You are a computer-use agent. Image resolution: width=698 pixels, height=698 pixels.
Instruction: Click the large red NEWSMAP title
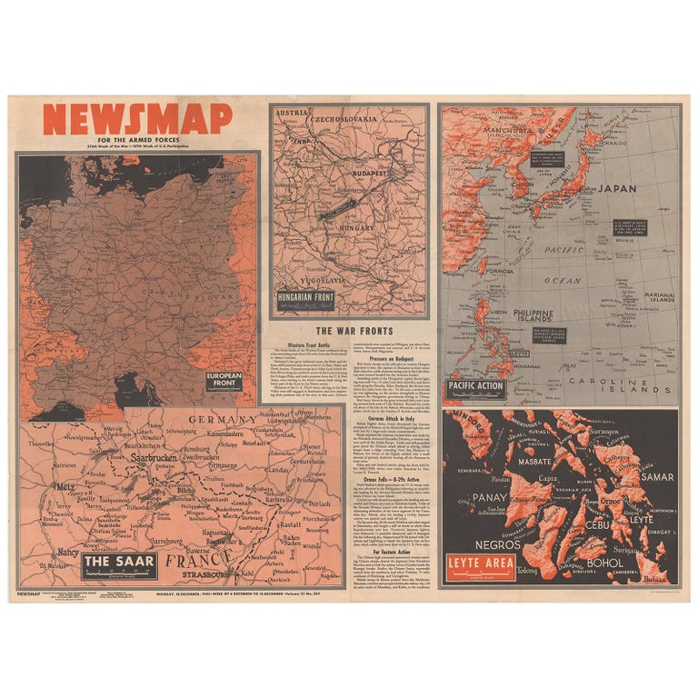[136, 119]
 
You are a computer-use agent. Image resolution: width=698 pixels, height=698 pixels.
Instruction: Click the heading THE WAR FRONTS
[354, 331]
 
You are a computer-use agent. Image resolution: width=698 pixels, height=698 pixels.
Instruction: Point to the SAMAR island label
[656, 476]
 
